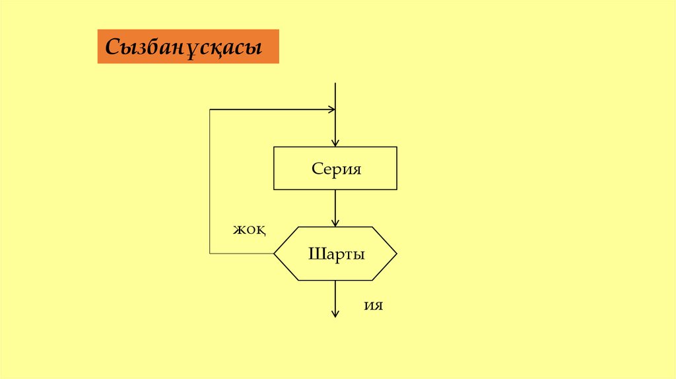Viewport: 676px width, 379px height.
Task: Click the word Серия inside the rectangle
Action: point(336,168)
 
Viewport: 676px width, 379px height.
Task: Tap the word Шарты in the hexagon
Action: point(336,254)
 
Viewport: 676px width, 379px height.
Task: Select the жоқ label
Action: point(249,229)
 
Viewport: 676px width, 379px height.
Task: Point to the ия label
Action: point(373,306)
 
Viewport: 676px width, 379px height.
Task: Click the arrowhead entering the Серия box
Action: point(336,142)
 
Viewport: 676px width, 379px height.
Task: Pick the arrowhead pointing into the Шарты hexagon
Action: point(336,223)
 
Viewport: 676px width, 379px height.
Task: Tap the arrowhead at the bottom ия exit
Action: point(335,314)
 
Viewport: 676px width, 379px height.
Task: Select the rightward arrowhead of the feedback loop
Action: point(331,110)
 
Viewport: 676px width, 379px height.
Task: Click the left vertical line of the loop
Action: point(210,182)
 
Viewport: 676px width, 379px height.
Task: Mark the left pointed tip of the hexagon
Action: point(275,254)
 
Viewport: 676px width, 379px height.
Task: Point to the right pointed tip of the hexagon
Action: point(397,254)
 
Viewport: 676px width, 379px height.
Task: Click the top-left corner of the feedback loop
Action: point(210,110)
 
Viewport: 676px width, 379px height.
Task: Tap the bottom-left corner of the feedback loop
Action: point(210,254)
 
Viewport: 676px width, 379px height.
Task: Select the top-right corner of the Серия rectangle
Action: point(397,147)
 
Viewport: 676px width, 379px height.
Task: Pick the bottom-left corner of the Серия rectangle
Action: point(275,189)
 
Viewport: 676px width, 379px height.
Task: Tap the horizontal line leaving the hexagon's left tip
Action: point(242,254)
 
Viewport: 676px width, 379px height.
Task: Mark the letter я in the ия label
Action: point(378,306)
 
